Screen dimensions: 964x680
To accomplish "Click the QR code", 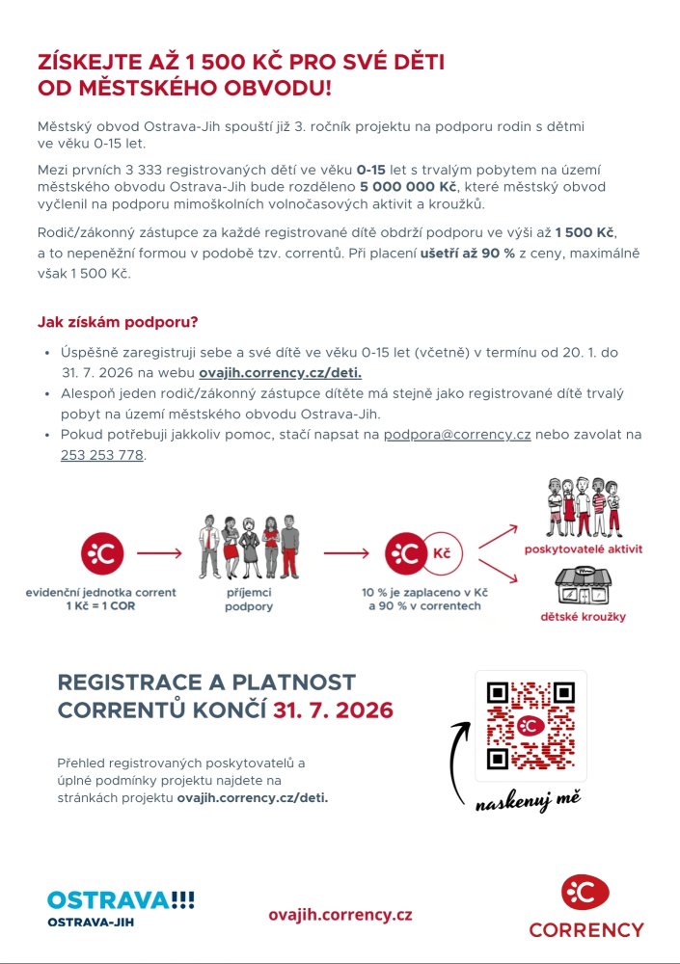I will [531, 726].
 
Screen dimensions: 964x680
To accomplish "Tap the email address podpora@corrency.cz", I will [457, 435].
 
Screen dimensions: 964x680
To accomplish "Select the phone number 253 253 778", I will [101, 455].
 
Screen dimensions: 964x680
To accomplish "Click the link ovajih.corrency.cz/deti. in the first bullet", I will [281, 372].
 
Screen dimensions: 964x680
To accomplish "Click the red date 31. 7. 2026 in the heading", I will [333, 710].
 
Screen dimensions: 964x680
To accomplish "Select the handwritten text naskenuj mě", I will [527, 799].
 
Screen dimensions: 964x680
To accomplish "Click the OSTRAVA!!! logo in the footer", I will [121, 899].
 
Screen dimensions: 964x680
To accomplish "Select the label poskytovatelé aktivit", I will [583, 549].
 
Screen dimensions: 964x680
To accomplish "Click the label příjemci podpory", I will [249, 600].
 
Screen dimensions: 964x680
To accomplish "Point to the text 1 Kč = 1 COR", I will [101, 607].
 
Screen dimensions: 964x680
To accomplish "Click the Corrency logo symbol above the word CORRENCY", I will [585, 894].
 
